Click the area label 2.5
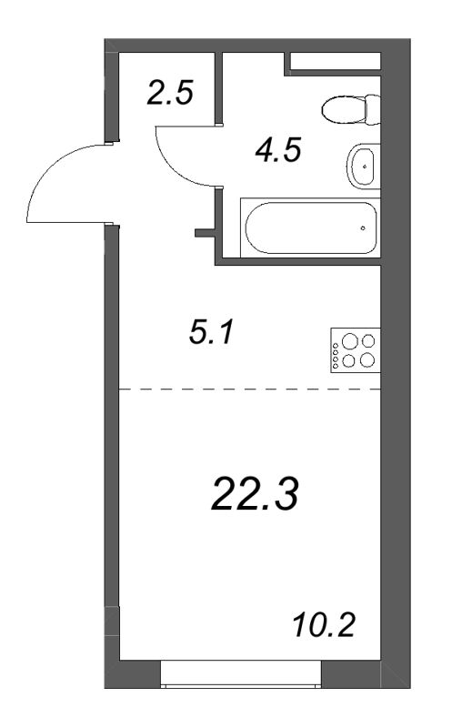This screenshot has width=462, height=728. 169,93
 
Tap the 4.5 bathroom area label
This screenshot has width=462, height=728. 278,150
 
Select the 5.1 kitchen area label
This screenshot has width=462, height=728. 212,333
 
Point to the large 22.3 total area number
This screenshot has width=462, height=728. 255,494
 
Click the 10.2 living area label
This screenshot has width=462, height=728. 325,625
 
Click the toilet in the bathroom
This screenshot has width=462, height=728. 351,109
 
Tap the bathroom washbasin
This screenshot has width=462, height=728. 364,167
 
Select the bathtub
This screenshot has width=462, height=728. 310,227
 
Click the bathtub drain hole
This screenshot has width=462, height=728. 363,228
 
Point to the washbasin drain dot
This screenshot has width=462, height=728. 366,166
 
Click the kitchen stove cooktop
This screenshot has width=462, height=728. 356,350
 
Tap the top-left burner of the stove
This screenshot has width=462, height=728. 348,341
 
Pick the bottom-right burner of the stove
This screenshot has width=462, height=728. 367,359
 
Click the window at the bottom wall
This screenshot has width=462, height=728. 241,673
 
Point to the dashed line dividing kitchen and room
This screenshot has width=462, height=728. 250,389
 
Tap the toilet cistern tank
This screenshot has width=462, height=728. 373,109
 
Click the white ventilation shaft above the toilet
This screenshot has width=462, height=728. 336,61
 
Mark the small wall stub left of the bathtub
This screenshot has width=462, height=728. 205,233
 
